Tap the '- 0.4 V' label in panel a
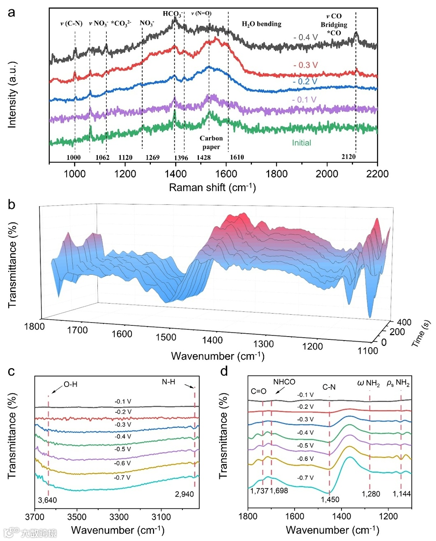305,37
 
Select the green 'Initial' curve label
301,143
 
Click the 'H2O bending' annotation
261,24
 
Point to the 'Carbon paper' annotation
211,142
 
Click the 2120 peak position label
348,156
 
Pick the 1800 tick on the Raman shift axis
277,174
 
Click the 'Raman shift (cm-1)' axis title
212,188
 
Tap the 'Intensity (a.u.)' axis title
12,95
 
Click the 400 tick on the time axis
404,322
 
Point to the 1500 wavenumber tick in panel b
166,337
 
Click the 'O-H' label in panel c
70,384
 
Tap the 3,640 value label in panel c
47,500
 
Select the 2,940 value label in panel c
184,494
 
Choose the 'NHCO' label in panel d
284,382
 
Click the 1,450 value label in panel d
330,499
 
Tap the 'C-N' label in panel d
329,387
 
